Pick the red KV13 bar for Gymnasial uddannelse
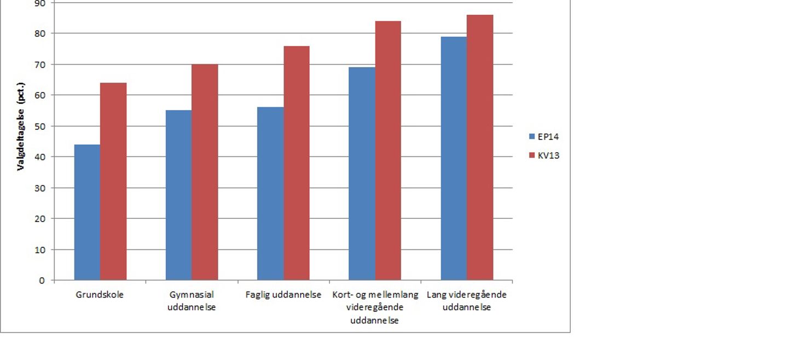coord(205,172)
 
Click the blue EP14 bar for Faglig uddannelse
coord(270,194)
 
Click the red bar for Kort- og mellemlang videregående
coord(388,150)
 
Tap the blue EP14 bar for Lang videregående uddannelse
coord(454,158)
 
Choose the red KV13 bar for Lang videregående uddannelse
coord(480,148)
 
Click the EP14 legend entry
coord(544,137)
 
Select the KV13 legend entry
coord(544,155)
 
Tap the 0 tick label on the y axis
coord(42,281)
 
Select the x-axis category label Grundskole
coord(100,295)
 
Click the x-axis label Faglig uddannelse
coord(283,295)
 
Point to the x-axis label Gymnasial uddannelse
coord(192,301)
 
